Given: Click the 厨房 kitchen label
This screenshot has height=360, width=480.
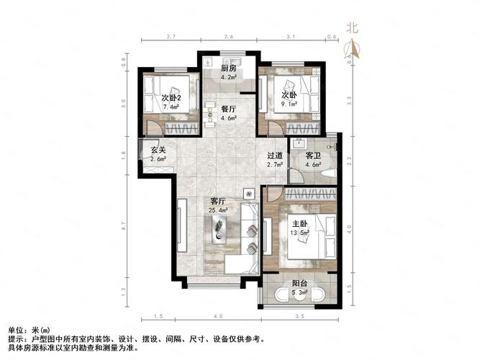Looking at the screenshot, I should [x=228, y=68].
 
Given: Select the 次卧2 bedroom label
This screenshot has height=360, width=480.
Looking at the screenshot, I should [x=170, y=98].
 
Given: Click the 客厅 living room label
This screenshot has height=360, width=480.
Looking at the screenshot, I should [x=219, y=201].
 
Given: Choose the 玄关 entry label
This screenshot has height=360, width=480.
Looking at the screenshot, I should [x=158, y=150].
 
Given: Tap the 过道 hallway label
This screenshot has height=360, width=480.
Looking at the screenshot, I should [x=273, y=156].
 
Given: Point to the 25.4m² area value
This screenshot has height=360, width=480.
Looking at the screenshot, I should [x=219, y=210].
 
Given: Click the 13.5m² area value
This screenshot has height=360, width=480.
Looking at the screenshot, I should [x=299, y=233].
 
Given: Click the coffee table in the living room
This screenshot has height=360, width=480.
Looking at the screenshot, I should [x=219, y=230].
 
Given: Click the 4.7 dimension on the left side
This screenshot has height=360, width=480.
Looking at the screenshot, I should [x=124, y=225].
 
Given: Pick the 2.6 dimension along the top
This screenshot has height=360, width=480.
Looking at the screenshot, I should [x=228, y=36].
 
